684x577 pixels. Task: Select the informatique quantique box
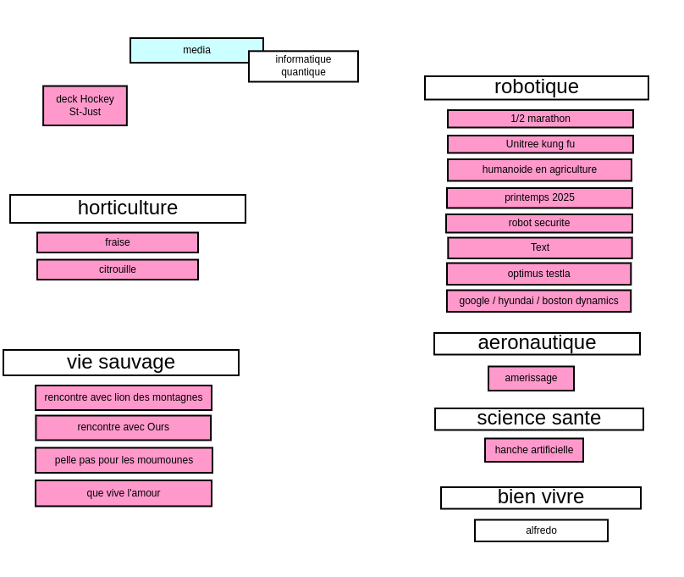pos(304,66)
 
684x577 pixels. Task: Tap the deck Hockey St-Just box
pos(85,106)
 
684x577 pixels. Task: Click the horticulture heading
pos(128,208)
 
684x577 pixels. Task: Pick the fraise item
pos(118,242)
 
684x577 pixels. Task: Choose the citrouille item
pos(118,269)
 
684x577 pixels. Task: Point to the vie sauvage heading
pos(121,363)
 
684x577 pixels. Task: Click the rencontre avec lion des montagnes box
pos(124,397)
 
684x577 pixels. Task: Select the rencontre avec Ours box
pos(124,427)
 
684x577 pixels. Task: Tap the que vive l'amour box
pos(124,493)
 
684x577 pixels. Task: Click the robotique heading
pos(537,88)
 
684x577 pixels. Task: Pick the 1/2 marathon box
pos(540,119)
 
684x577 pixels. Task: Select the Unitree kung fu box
pos(540,144)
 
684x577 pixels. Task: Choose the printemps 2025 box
pos(539,197)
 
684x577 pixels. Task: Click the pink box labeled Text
pos(540,248)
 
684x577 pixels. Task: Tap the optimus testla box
pos(538,275)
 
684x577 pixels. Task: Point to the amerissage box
pos(531,379)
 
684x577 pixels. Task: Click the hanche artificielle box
pos(534,450)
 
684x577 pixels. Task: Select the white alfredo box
pos(541,530)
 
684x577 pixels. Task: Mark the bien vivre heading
pos(541,497)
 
